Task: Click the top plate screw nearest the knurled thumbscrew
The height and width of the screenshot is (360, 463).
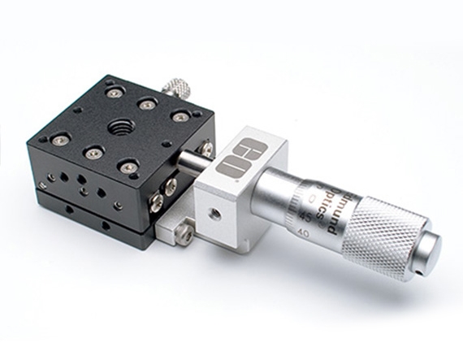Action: click(146, 104)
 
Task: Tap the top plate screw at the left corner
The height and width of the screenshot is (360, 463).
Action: click(58, 140)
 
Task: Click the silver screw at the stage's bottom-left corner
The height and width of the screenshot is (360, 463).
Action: click(43, 186)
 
